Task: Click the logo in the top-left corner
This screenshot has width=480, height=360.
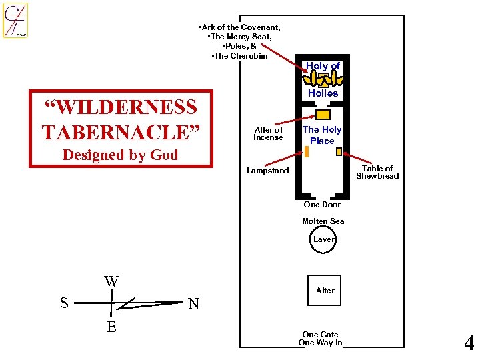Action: pyautogui.click(x=15, y=20)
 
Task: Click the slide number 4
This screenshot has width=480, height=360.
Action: pyautogui.click(x=469, y=343)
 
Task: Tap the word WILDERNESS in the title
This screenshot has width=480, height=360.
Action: pyautogui.click(x=120, y=107)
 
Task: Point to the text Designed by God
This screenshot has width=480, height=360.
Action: pyautogui.click(x=120, y=155)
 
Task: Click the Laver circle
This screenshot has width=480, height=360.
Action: pyautogui.click(x=323, y=239)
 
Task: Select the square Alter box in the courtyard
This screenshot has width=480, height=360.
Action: pyautogui.click(x=324, y=290)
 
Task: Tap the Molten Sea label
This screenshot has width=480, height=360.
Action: pyautogui.click(x=323, y=221)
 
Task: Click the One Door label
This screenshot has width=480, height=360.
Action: pyautogui.click(x=322, y=205)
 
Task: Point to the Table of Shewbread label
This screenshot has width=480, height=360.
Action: pyautogui.click(x=377, y=172)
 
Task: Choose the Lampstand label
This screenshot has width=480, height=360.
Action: pyautogui.click(x=268, y=171)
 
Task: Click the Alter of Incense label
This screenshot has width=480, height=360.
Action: pyautogui.click(x=269, y=133)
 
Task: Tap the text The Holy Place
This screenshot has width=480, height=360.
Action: pyautogui.click(x=322, y=135)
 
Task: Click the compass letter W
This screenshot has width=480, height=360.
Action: pyautogui.click(x=111, y=281)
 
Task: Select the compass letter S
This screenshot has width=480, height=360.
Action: pyautogui.click(x=64, y=303)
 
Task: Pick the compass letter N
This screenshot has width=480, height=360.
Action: pyautogui.click(x=193, y=304)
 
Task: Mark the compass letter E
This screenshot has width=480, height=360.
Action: pyautogui.click(x=111, y=327)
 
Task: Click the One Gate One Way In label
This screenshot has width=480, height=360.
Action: pyautogui.click(x=320, y=339)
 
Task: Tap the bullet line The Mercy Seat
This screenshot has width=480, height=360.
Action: pyautogui.click(x=240, y=37)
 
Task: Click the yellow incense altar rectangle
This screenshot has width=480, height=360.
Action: pyautogui.click(x=323, y=114)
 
